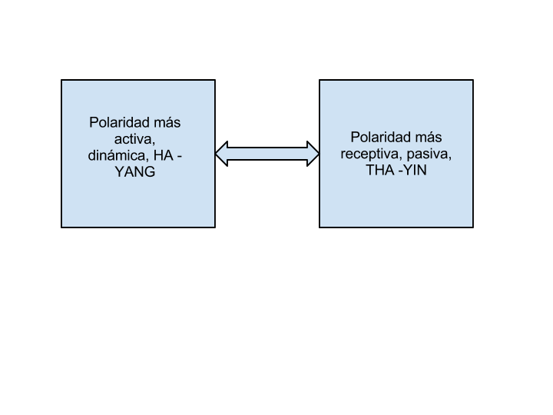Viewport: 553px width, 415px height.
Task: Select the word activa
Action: pos(134,139)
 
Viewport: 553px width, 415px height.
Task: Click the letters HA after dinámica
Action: pos(164,155)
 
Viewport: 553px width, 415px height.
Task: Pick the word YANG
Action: pos(135,172)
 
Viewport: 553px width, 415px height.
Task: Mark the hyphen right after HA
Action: pos(179,157)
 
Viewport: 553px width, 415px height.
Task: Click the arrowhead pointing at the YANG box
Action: pos(221,154)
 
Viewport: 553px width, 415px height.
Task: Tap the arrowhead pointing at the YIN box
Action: pos(313,154)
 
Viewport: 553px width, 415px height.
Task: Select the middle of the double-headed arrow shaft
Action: pos(267,154)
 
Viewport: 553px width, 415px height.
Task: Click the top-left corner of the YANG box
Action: pos(61,80)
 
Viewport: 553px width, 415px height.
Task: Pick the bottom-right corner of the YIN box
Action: pos(473,227)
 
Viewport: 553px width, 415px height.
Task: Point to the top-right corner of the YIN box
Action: pos(473,80)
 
